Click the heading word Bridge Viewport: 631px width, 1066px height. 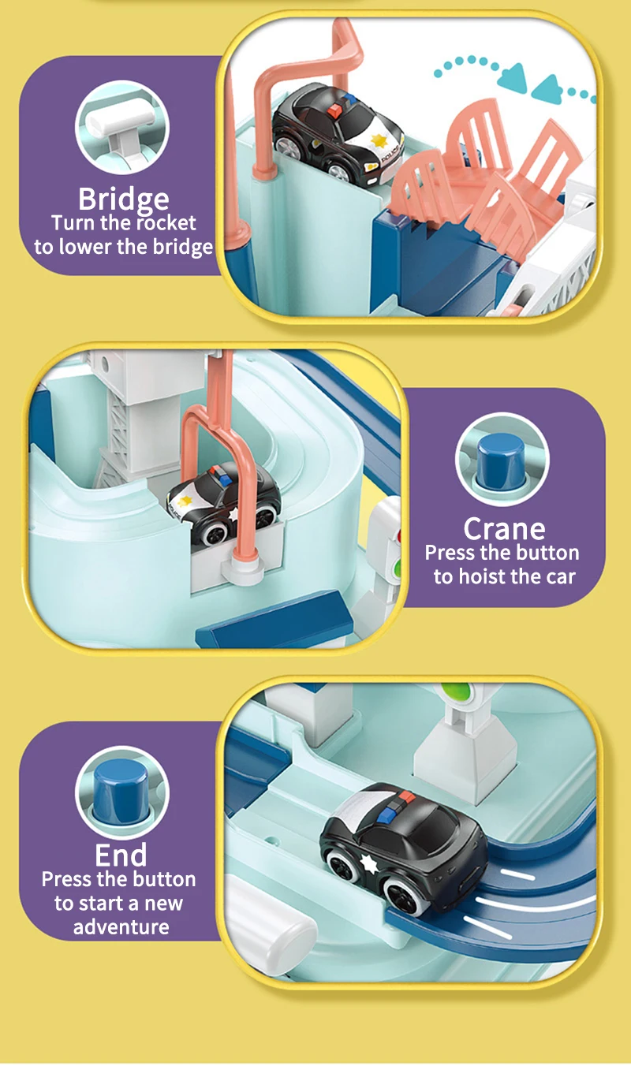point(123,199)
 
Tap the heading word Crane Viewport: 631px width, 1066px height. point(504,529)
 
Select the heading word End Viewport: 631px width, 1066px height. point(121,855)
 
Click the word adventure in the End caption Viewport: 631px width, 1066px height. point(121,926)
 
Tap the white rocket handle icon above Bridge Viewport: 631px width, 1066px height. point(121,128)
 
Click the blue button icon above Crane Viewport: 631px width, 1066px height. point(501,461)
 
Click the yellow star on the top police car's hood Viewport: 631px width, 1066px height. point(379,140)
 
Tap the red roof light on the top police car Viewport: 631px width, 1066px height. point(336,112)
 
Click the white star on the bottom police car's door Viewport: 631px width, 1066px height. point(368,862)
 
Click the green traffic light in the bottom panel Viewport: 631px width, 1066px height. point(455,691)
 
